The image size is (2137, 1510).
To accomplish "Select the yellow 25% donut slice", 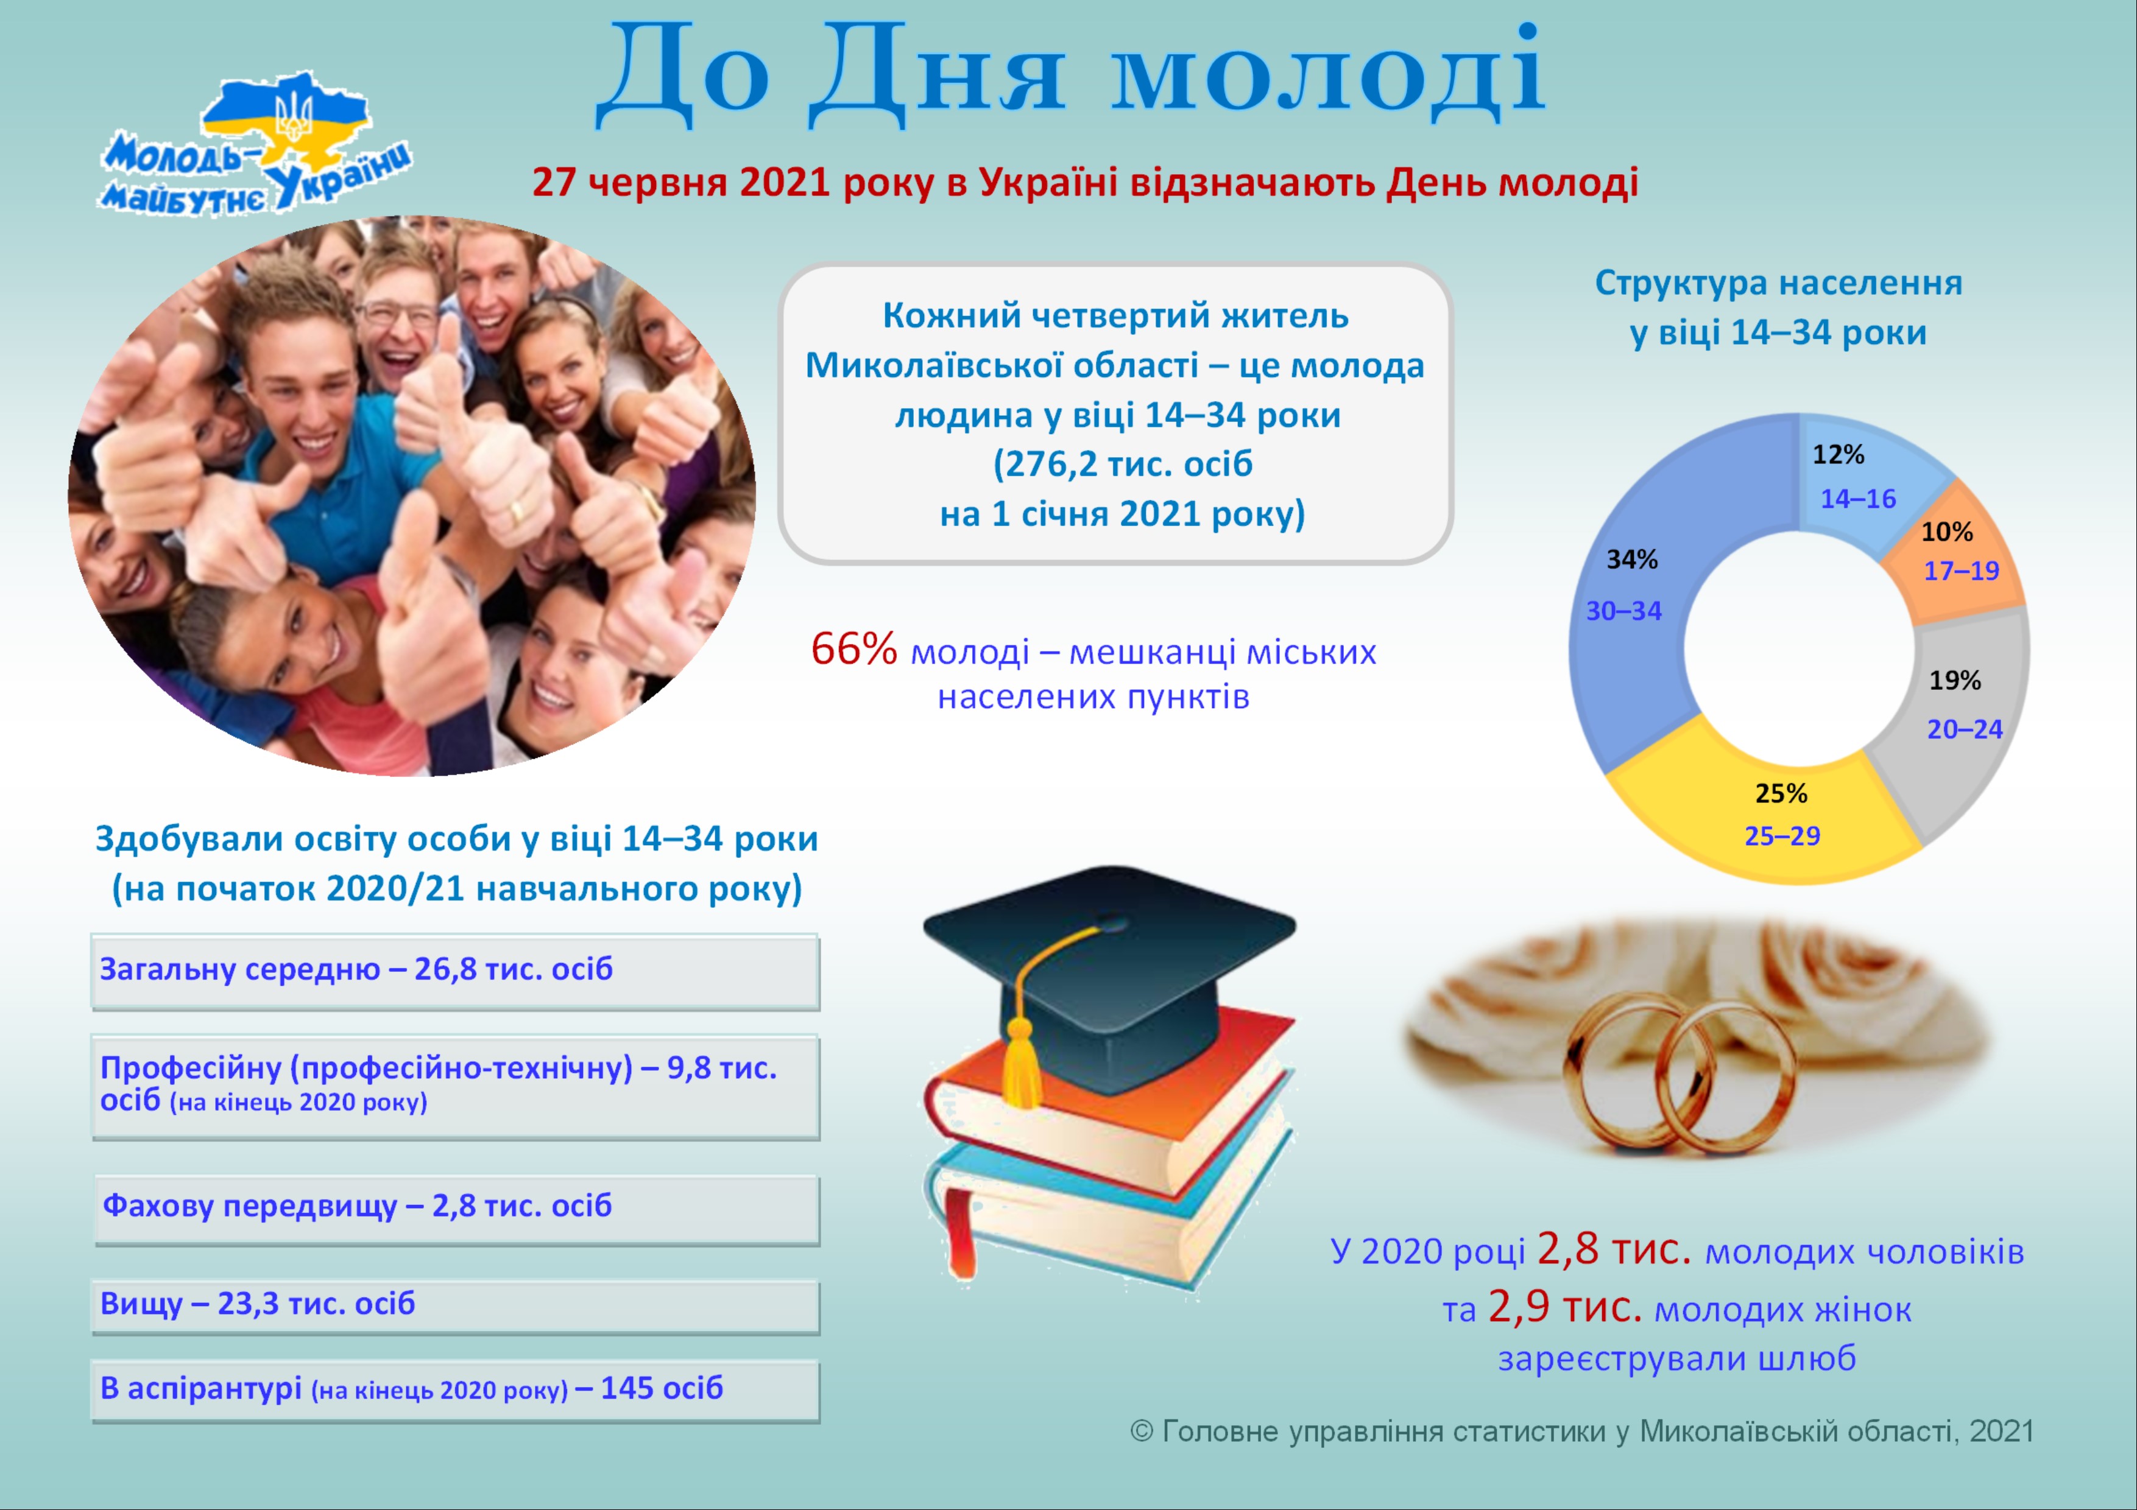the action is [1768, 819].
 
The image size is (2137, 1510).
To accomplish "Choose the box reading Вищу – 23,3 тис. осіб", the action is [455, 1306].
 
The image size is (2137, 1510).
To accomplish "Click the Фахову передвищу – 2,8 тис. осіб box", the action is [457, 1209].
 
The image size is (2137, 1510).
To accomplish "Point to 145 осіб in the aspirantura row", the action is [662, 1388].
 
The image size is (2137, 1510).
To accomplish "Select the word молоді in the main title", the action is [1328, 72].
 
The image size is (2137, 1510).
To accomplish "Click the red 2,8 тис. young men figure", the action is [1614, 1249].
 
